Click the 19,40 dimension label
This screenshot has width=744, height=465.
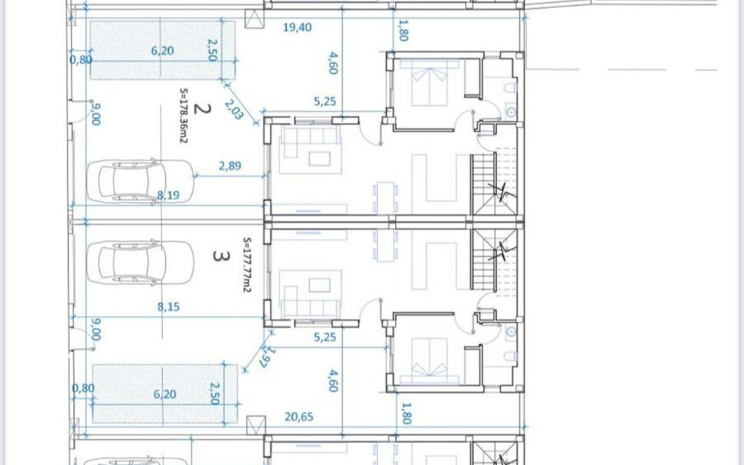click(x=297, y=27)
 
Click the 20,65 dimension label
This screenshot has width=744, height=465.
click(x=299, y=416)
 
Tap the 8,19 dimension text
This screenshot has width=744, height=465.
click(x=168, y=195)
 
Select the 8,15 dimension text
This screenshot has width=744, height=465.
click(x=168, y=306)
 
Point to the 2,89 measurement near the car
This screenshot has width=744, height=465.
click(x=230, y=165)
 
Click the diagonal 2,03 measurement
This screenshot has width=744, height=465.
click(x=234, y=110)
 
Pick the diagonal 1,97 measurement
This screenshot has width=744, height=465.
click(x=268, y=357)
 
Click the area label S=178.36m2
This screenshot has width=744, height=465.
click(x=183, y=115)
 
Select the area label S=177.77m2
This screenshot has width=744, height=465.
click(x=247, y=265)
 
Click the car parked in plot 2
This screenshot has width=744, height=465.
click(x=140, y=181)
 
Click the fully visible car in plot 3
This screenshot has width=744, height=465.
click(x=140, y=262)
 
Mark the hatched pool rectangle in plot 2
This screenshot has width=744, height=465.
click(x=163, y=50)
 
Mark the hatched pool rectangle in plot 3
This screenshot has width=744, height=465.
click(x=165, y=394)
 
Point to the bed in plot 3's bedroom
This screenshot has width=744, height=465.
click(x=430, y=361)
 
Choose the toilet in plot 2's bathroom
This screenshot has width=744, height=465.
click(x=510, y=88)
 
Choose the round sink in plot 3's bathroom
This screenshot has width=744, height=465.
click(x=511, y=332)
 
